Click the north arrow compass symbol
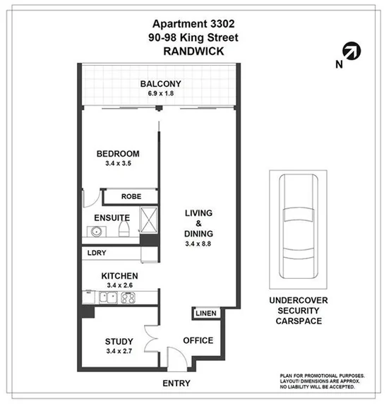point(349,50)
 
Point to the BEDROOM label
point(117,154)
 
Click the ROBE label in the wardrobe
point(131,197)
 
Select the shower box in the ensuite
point(150,220)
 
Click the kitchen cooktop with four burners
point(127,297)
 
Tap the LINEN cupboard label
point(207,313)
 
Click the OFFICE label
point(198,340)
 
